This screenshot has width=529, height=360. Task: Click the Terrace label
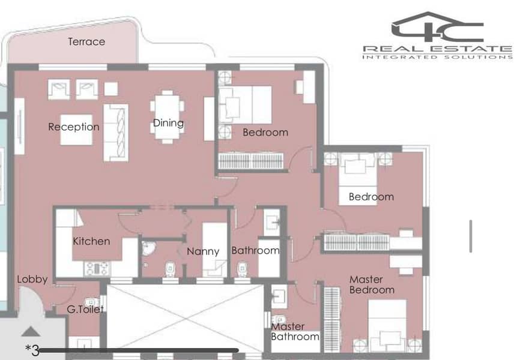(86, 41)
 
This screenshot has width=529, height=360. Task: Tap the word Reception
(73, 127)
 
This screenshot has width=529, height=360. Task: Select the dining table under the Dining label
(168, 116)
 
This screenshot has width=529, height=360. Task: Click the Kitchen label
(91, 241)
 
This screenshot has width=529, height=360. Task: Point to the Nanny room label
(203, 251)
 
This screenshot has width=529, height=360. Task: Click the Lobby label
(32, 279)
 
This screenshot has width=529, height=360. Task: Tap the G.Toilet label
(85, 309)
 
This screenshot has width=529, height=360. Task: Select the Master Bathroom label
(295, 331)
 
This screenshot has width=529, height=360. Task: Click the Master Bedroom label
(372, 284)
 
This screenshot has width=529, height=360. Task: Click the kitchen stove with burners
(97, 269)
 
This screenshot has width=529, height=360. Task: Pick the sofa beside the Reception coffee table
(116, 133)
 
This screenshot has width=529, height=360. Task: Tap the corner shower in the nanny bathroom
(148, 248)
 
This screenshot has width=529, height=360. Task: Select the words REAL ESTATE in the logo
(438, 49)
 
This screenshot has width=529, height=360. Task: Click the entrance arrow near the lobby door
(31, 331)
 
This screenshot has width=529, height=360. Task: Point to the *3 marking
(32, 350)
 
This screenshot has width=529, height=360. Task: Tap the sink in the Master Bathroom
(279, 296)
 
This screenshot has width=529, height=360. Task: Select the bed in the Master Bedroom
(387, 325)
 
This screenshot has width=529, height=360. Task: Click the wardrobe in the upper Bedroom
(251, 161)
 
